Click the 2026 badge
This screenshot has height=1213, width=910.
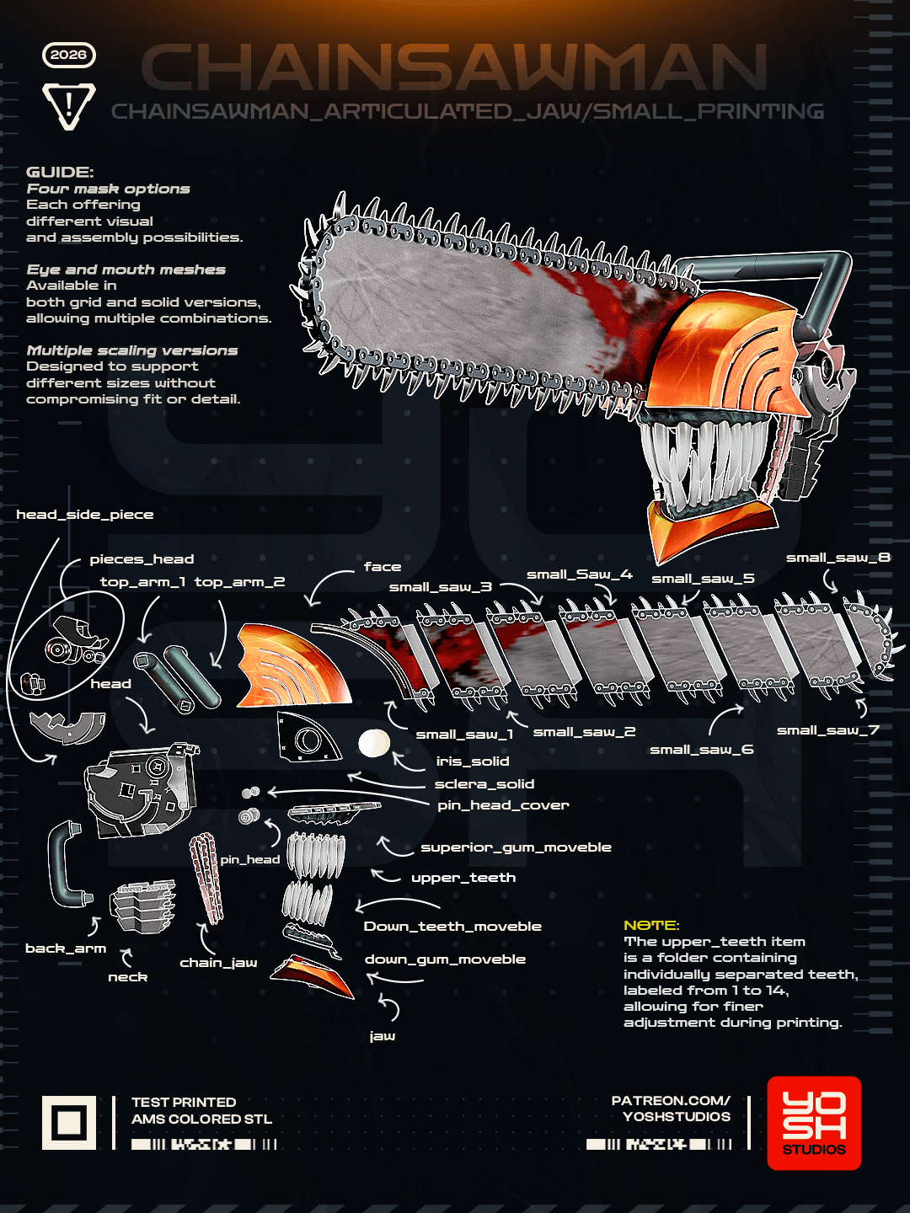[x=69, y=55]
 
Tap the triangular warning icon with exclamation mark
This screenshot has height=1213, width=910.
[x=69, y=105]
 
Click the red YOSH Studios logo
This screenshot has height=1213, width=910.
[x=814, y=1122]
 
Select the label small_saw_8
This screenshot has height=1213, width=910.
[x=838, y=558]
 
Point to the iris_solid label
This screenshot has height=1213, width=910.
[x=473, y=761]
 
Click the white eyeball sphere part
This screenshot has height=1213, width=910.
[x=374, y=743]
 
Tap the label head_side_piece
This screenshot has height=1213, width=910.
[x=85, y=515]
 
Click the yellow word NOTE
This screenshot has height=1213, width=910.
[x=652, y=925]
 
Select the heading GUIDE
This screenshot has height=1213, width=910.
[x=60, y=172]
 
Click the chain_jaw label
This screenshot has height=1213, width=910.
[x=219, y=963]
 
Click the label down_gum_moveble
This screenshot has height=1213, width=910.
[x=446, y=959]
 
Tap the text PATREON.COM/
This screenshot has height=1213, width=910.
[x=671, y=1100]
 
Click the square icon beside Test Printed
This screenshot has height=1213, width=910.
[x=69, y=1122]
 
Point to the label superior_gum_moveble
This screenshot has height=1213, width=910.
[x=516, y=847]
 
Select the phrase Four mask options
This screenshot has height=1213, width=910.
[x=109, y=189]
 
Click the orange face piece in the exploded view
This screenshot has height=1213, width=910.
[x=292, y=666]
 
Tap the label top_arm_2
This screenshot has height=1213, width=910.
[x=240, y=581]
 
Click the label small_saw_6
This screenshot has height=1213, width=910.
[x=702, y=750]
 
